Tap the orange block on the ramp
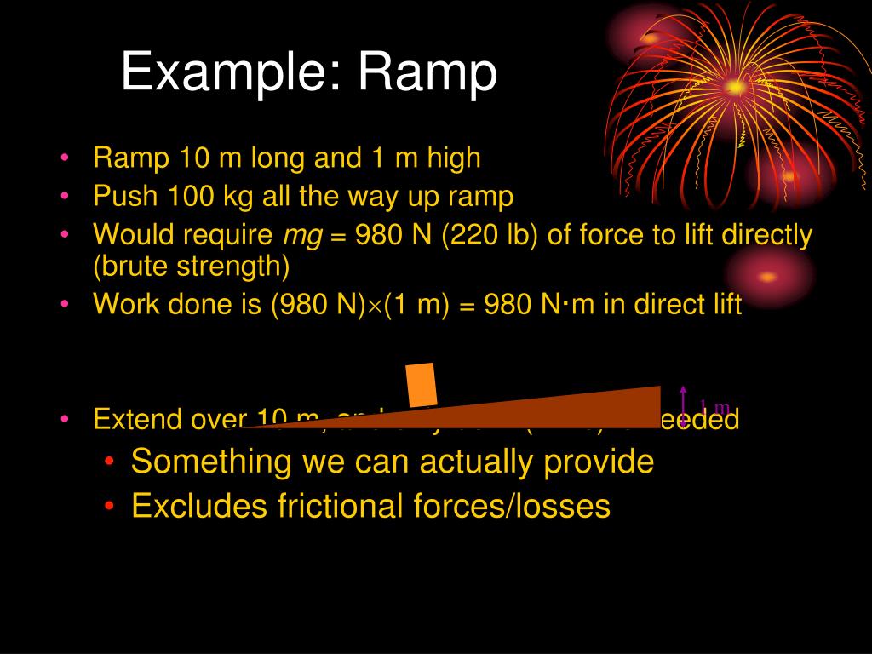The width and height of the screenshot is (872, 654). coord(422,385)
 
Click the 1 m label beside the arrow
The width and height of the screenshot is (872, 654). coord(714,406)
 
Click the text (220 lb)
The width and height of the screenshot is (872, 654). coord(493,235)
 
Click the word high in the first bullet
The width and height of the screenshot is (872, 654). coord(451,158)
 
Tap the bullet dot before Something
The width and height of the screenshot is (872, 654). coord(113,462)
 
